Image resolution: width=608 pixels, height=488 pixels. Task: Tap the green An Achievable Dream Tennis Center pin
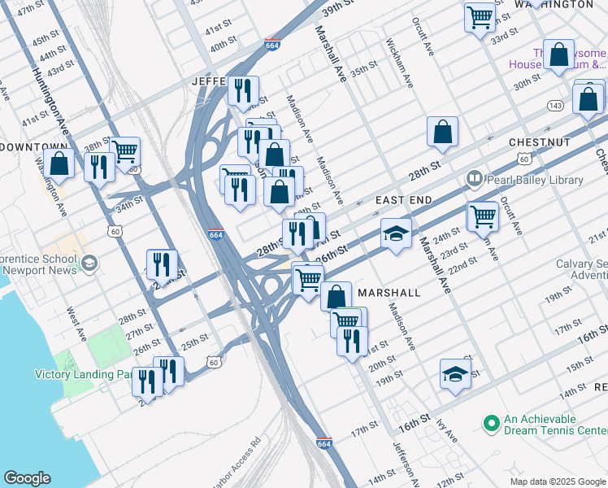tap(490, 423)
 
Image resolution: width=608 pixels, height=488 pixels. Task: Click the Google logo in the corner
tap(27, 478)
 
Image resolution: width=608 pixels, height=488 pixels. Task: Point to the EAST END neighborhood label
tap(403, 199)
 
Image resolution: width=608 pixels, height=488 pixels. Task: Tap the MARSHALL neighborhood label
tap(389, 292)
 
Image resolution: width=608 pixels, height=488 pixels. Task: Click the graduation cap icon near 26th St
tap(396, 234)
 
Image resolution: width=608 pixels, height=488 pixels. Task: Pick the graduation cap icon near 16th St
tap(455, 374)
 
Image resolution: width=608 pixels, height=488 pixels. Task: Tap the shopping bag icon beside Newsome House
tap(559, 56)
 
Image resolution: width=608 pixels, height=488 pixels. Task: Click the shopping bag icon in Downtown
tap(59, 163)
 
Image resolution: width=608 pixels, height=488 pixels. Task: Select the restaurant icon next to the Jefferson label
tap(241, 91)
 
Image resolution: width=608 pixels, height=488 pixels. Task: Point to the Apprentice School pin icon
tap(89, 264)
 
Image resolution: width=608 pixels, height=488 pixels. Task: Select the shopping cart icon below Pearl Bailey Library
tap(483, 216)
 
